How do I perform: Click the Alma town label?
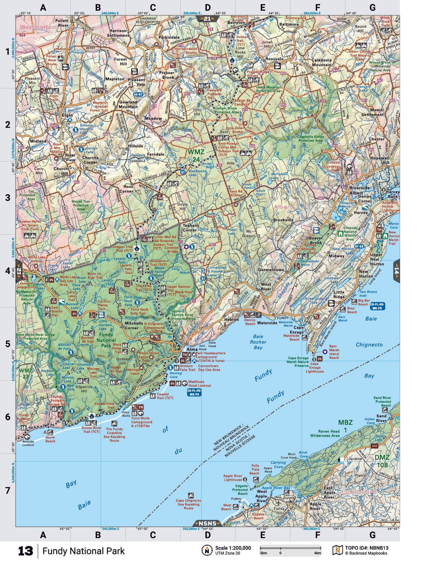192,349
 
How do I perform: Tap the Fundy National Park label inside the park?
106,340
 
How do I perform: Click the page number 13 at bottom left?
25,551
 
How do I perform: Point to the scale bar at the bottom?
290,548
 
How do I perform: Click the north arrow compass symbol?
207,550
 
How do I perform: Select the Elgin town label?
67,115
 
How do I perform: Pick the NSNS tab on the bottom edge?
207,523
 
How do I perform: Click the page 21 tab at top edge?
207,19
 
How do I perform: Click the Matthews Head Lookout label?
199,383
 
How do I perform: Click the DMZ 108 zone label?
382,461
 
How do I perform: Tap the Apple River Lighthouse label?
233,478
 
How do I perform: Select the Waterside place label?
267,323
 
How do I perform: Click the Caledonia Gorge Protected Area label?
310,139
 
